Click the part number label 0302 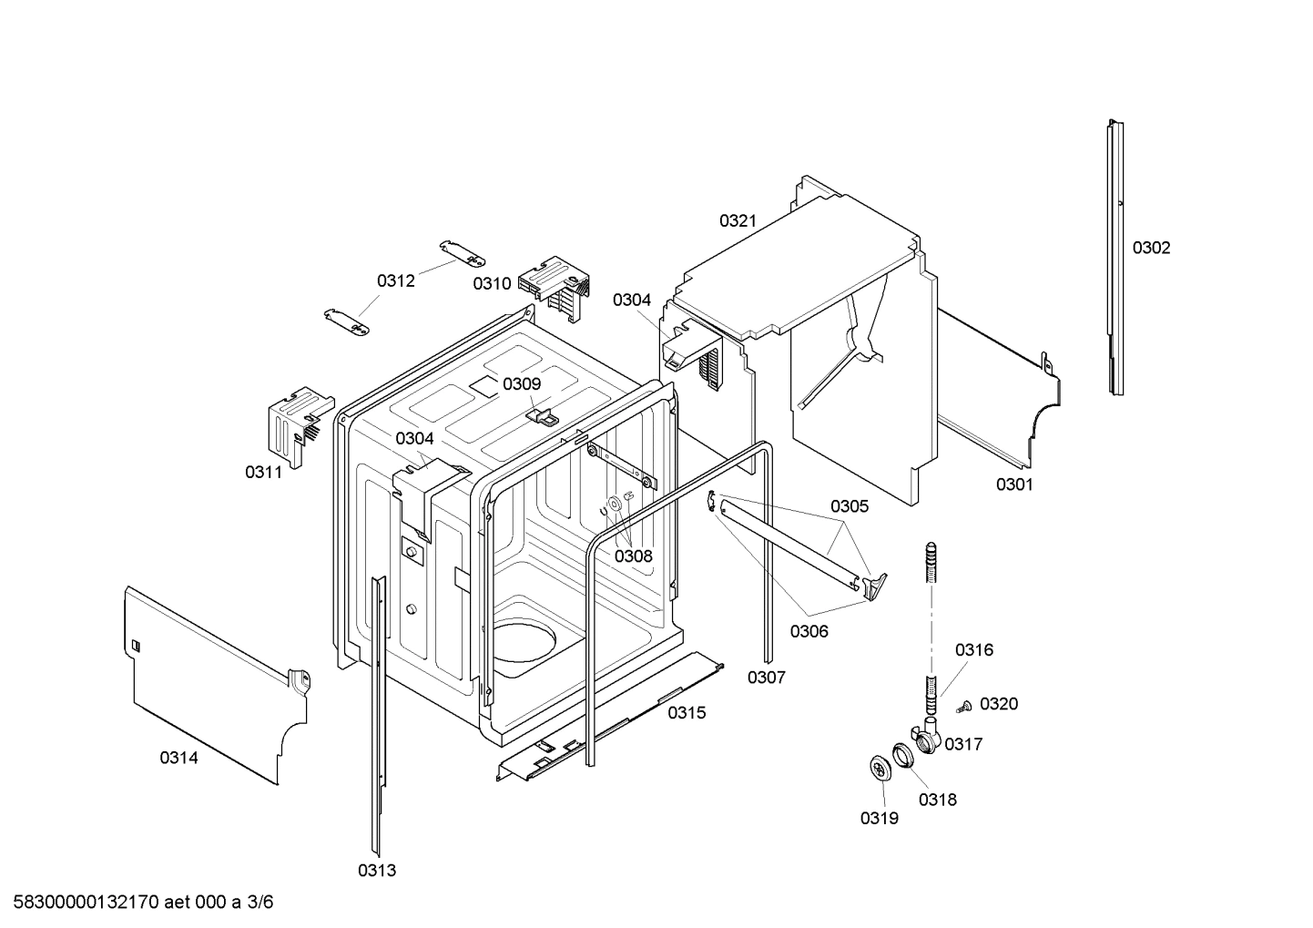(1151, 248)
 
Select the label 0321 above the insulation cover (738, 220)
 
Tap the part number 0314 (178, 757)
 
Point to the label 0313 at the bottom (376, 870)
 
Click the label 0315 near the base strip (687, 712)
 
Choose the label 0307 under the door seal (766, 677)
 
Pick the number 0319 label (879, 818)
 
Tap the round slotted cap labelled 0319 (880, 768)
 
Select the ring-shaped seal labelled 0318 (901, 755)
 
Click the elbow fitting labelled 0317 (925, 736)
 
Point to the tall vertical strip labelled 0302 (1115, 260)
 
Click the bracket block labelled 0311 (291, 423)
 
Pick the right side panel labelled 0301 (997, 392)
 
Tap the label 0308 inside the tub (633, 556)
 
